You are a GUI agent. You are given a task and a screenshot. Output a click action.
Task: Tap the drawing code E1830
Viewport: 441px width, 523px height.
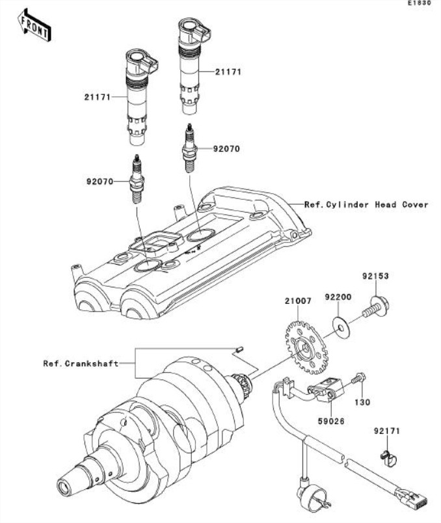coord(419,4)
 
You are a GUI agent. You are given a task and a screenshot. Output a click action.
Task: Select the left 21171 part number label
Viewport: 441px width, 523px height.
coord(97,97)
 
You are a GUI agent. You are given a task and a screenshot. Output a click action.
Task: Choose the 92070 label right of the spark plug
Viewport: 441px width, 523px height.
coord(227,148)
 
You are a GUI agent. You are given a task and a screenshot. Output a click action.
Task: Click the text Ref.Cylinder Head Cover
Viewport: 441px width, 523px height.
coord(367,204)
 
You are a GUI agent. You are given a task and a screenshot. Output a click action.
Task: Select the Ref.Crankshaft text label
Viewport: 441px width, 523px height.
coord(81,364)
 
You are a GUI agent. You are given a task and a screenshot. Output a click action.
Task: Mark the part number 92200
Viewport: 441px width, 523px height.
coord(338,297)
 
